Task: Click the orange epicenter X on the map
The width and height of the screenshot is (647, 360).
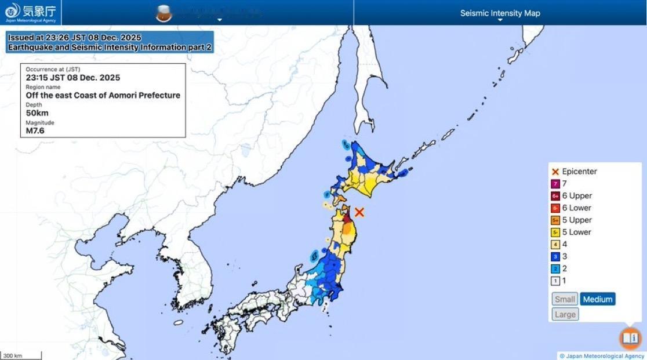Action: tap(359, 213)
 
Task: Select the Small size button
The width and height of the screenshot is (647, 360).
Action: tap(565, 299)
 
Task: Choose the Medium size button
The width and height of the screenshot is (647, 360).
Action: tap(597, 299)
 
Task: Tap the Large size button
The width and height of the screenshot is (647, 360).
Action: tap(565, 314)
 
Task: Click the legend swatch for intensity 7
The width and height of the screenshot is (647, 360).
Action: tap(555, 184)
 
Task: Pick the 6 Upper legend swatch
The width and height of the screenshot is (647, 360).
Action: tap(555, 196)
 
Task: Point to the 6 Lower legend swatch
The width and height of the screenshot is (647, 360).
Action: tap(555, 208)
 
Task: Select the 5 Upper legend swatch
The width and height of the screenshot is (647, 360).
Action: tap(555, 220)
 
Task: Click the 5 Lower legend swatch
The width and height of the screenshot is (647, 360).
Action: tap(555, 232)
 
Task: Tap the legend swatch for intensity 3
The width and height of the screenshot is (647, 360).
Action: tap(555, 257)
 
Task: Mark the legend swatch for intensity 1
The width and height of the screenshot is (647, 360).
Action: tap(555, 281)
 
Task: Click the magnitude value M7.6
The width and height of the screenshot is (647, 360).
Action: tap(35, 130)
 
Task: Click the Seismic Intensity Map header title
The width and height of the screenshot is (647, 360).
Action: tap(500, 13)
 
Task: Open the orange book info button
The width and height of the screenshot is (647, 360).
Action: tap(630, 338)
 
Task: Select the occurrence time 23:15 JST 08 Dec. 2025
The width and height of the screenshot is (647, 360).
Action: tap(72, 77)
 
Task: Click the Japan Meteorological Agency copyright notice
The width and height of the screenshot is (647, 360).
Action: tap(601, 356)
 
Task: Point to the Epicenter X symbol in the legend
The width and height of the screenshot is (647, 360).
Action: tap(555, 172)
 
